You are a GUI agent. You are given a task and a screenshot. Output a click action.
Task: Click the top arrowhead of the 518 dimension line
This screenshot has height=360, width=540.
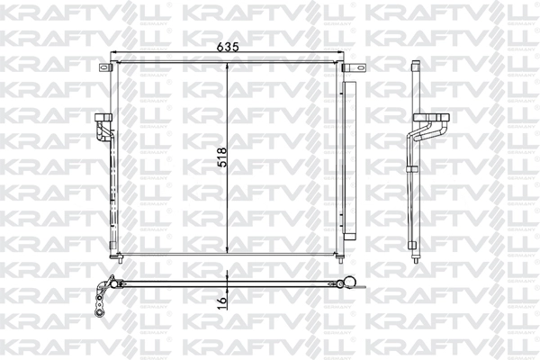click(x=228, y=67)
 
